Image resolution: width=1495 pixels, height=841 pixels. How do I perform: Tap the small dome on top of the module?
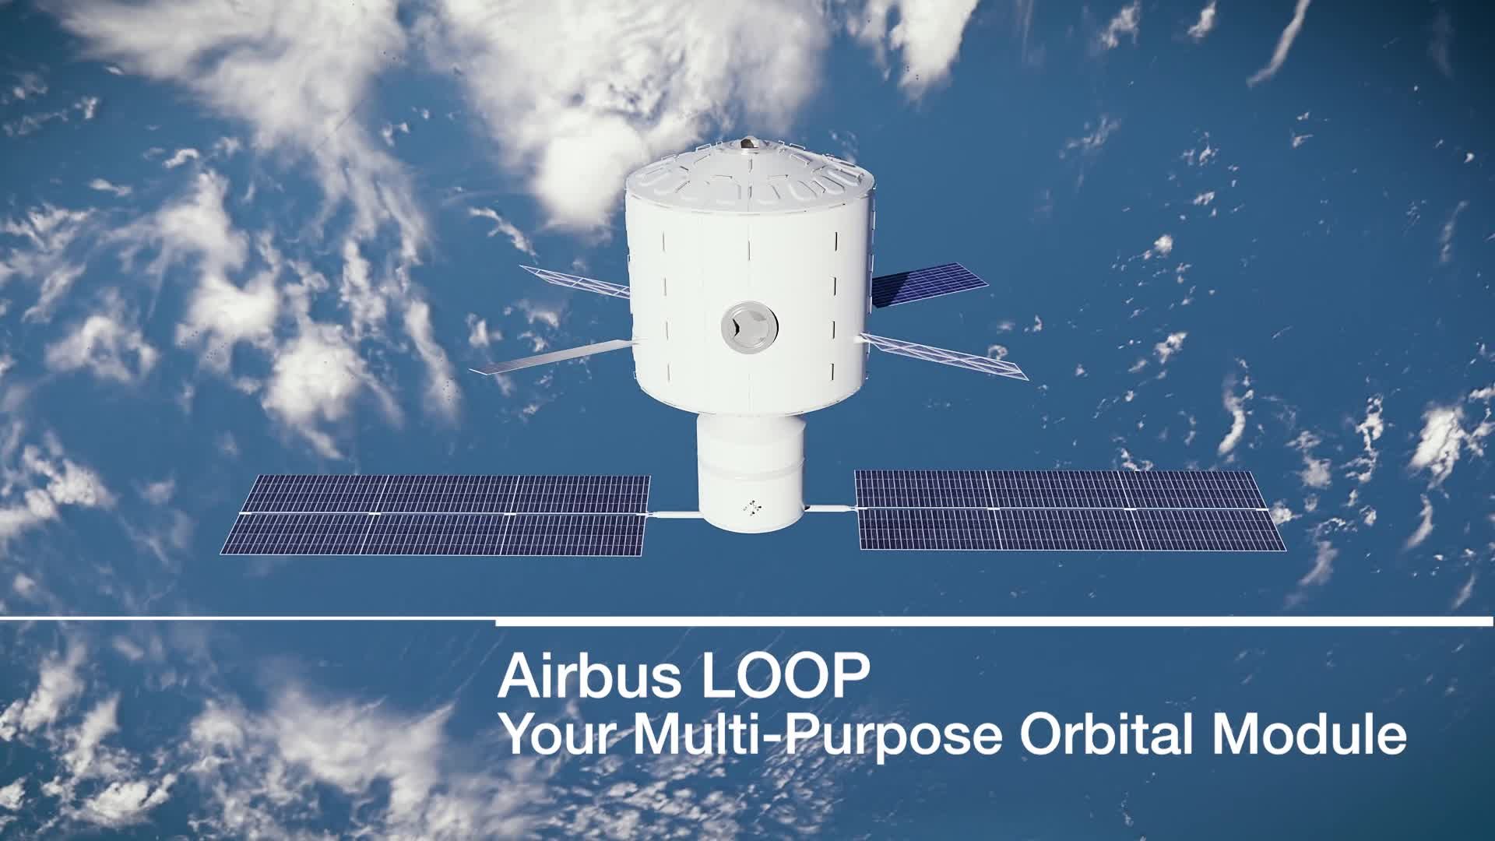[749, 144]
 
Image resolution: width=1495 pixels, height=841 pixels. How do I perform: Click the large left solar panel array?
[436, 515]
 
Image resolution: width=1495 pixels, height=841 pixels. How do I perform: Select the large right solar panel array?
[1067, 510]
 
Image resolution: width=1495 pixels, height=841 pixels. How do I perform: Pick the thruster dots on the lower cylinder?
[752, 507]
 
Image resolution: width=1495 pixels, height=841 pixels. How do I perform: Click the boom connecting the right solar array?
[831, 508]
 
